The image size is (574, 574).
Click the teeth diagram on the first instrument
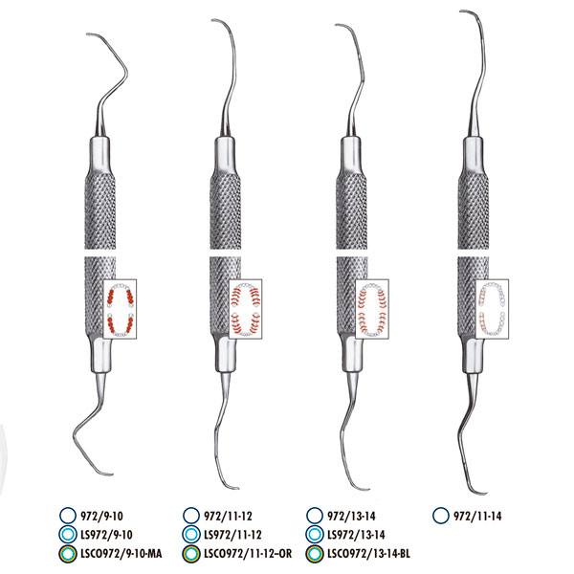point(120,309)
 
